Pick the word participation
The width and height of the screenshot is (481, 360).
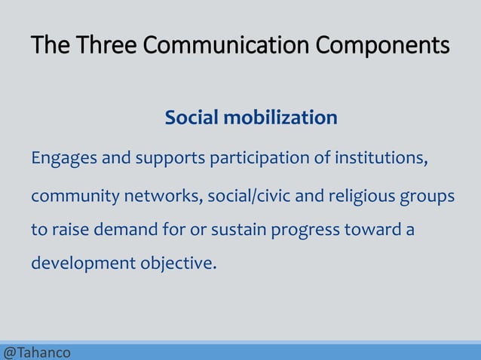point(265,159)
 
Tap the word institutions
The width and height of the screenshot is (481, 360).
point(383,159)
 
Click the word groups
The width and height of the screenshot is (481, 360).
point(430,197)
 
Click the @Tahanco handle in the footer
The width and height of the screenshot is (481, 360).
point(37,352)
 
